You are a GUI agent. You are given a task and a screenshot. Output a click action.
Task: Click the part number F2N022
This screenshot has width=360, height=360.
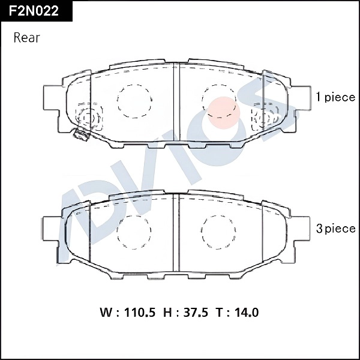[x=34, y=11]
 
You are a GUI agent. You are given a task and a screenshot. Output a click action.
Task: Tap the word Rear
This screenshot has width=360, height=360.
[x=26, y=38]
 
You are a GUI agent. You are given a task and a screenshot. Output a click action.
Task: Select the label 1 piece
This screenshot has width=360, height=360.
[x=335, y=98]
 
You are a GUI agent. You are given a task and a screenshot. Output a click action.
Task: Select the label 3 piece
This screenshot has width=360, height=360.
[x=335, y=229]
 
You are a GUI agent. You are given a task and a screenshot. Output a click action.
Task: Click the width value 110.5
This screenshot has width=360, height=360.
[x=139, y=313]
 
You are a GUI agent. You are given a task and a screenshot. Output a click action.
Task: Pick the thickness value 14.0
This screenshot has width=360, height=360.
[x=247, y=313]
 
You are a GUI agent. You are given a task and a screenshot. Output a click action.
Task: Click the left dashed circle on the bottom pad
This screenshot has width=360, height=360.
[x=134, y=231]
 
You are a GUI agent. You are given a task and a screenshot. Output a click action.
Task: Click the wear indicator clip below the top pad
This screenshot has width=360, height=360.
[x=79, y=134]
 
